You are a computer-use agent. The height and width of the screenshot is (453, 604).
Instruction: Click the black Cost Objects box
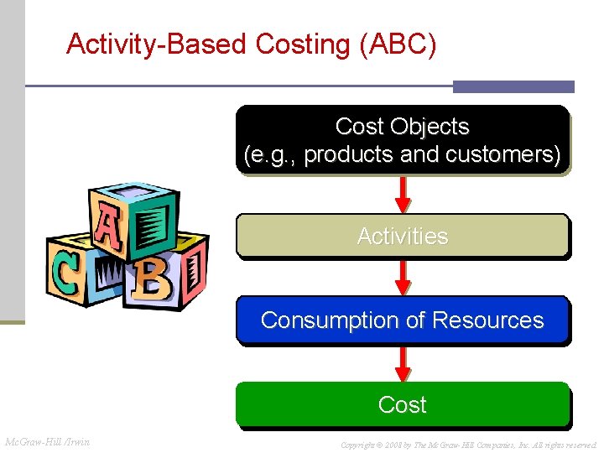pyautogui.click(x=403, y=139)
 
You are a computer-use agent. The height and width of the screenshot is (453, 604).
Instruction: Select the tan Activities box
pyautogui.click(x=403, y=236)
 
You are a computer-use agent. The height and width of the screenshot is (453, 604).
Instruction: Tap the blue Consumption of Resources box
pyautogui.click(x=403, y=320)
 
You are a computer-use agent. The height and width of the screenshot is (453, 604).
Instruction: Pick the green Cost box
pyautogui.click(x=403, y=404)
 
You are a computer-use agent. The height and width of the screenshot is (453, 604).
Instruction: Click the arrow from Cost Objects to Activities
pyautogui.click(x=404, y=194)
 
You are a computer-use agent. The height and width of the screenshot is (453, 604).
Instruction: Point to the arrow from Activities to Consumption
pyautogui.click(x=404, y=277)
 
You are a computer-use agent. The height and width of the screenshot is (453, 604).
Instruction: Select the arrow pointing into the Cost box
pyautogui.click(x=404, y=362)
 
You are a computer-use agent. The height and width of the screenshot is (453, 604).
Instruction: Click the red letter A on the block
pyautogui.click(x=108, y=230)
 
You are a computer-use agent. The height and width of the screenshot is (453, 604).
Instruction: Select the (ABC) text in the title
pyautogui.click(x=397, y=44)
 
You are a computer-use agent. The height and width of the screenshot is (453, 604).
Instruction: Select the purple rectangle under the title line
pyautogui.click(x=513, y=86)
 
